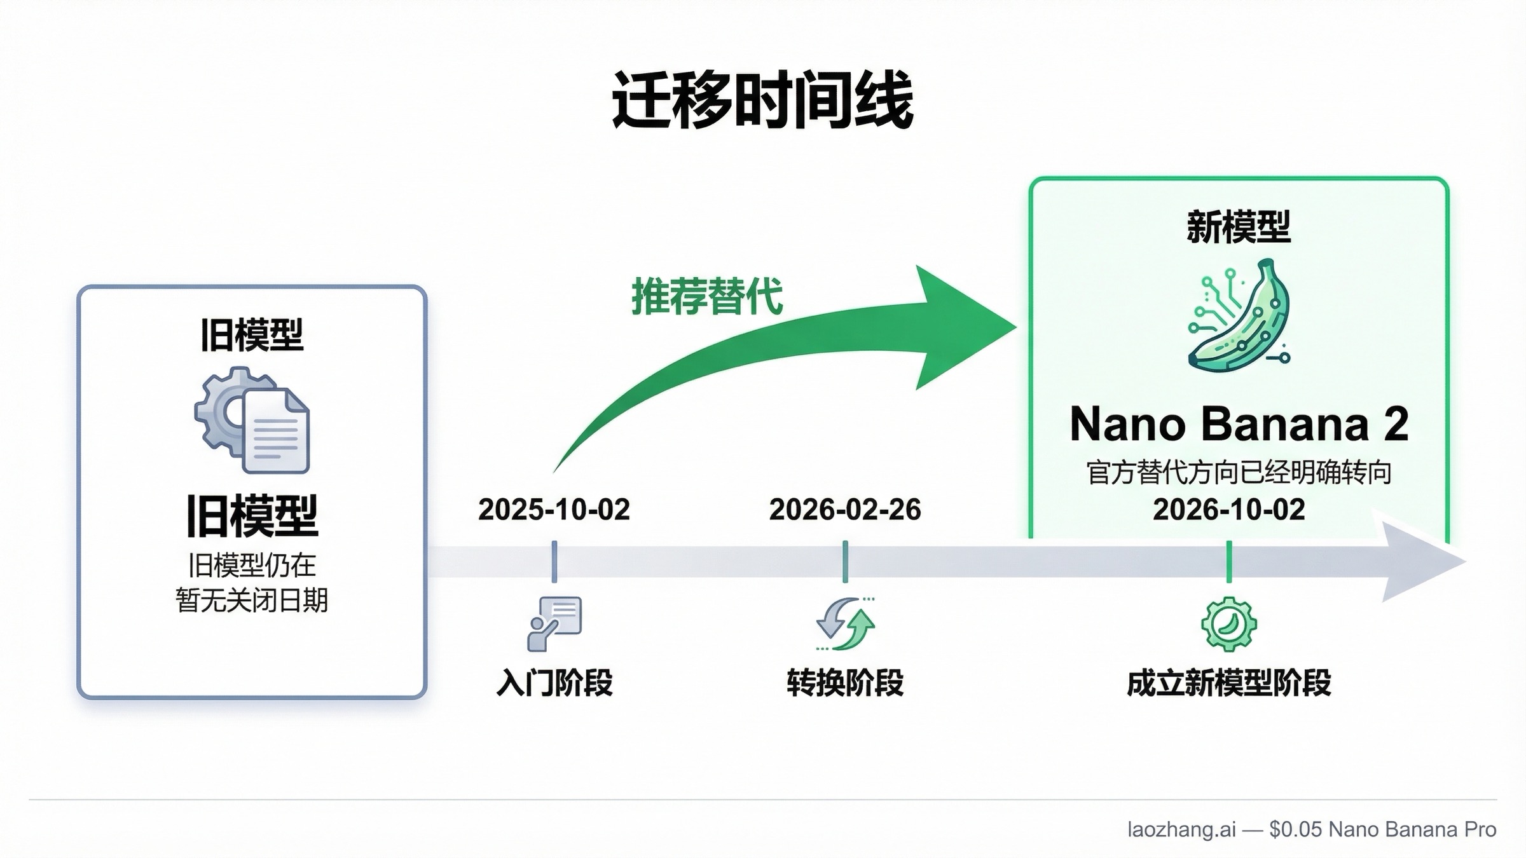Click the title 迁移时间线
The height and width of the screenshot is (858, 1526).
pyautogui.click(x=762, y=101)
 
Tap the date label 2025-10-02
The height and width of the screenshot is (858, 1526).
pyautogui.click(x=554, y=510)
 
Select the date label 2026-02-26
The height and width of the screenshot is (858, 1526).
pyautogui.click(x=845, y=510)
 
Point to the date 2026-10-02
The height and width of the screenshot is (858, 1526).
pyautogui.click(x=1228, y=510)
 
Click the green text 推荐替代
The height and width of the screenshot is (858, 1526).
pyautogui.click(x=706, y=296)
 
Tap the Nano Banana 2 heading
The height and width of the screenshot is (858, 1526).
pyautogui.click(x=1239, y=424)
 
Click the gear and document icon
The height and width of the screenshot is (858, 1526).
pyautogui.click(x=252, y=420)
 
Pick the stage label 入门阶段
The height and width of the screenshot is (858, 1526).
pyautogui.click(x=554, y=683)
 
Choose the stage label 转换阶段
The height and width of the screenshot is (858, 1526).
pyautogui.click(x=845, y=683)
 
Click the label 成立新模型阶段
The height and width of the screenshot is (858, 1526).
pyautogui.click(x=1228, y=683)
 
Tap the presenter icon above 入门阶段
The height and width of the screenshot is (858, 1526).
pyautogui.click(x=554, y=623)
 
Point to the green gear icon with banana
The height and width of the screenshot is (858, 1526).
pyautogui.click(x=1228, y=623)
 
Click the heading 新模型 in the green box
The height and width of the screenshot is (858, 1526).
pyautogui.click(x=1239, y=227)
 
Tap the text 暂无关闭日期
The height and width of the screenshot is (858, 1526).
pyautogui.click(x=252, y=600)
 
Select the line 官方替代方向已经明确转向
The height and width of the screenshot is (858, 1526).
pyautogui.click(x=1239, y=473)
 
